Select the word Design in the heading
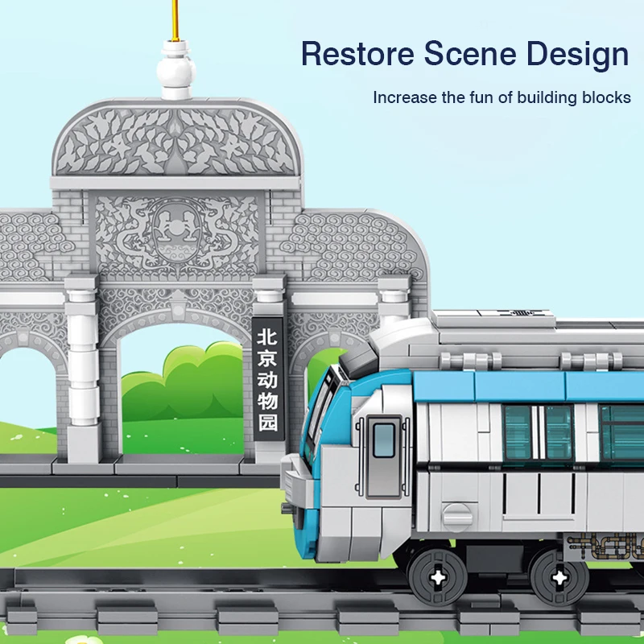576,55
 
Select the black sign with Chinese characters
267,378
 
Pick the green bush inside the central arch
193,382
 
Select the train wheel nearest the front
438,576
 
